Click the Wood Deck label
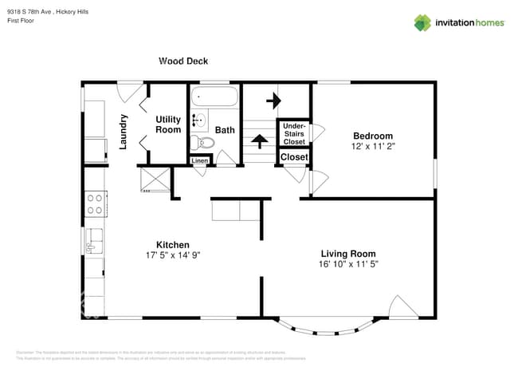tap(183, 60)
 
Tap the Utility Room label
tap(168, 124)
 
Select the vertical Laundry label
tap(124, 131)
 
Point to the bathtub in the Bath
tap(214, 98)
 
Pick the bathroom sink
tap(198, 121)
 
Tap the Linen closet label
tap(200, 161)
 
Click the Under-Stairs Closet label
tap(294, 133)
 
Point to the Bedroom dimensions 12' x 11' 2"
tap(373, 147)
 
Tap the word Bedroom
tap(373, 136)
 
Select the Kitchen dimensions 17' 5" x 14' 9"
tap(172, 255)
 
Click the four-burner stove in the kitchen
tap(96, 203)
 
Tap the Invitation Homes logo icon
tap(422, 22)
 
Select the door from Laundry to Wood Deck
tap(129, 90)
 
